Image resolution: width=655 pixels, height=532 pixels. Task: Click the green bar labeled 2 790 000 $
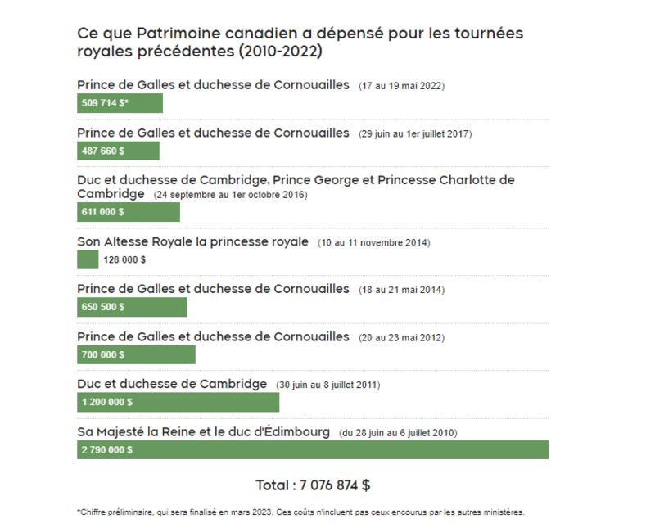[x=312, y=449]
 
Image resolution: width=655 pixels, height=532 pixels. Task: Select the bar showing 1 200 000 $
[x=178, y=402]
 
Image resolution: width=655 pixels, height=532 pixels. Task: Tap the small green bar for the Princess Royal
[x=88, y=259]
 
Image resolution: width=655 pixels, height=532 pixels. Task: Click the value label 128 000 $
[x=124, y=260]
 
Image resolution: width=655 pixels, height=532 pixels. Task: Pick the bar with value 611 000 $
[x=128, y=212]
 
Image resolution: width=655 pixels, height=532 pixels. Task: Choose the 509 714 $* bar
[x=120, y=103]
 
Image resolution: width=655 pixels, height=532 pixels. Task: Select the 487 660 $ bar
[x=118, y=151]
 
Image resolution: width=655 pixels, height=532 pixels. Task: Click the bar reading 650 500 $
[x=131, y=307]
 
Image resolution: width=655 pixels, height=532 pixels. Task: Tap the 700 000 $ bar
[x=136, y=354]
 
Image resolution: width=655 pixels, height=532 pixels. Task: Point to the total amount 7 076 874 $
[x=313, y=485]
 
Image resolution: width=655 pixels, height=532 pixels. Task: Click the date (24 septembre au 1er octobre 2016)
[x=229, y=195]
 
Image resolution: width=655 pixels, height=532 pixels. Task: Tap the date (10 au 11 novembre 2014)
[x=373, y=243]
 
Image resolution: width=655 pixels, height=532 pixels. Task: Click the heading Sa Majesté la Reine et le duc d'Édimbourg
[x=203, y=431]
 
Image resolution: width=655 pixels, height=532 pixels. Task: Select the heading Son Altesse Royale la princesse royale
[x=192, y=241]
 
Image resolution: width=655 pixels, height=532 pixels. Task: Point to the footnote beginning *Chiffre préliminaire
[x=300, y=512]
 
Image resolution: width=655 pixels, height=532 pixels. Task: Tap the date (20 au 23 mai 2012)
[x=401, y=337]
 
